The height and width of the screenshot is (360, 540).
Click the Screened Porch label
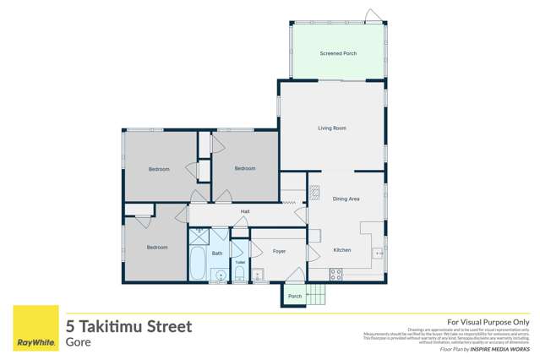(338, 53)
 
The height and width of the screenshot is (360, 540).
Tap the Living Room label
(332, 128)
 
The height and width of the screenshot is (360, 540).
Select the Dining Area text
(346, 199)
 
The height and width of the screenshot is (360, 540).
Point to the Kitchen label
(341, 250)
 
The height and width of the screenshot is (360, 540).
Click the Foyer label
(279, 251)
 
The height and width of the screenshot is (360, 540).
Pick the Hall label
(245, 211)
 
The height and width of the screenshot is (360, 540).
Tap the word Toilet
(240, 262)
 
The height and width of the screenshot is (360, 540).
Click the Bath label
(217, 254)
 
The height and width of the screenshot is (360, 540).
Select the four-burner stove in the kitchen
(335, 274)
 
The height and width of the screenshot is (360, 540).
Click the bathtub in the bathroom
(197, 263)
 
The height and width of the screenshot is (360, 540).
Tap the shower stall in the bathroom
(219, 237)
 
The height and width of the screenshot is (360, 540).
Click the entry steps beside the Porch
(316, 296)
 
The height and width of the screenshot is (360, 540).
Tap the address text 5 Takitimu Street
(129, 325)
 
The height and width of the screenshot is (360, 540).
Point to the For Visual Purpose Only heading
(488, 322)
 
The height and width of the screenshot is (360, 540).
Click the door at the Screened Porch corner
(372, 14)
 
